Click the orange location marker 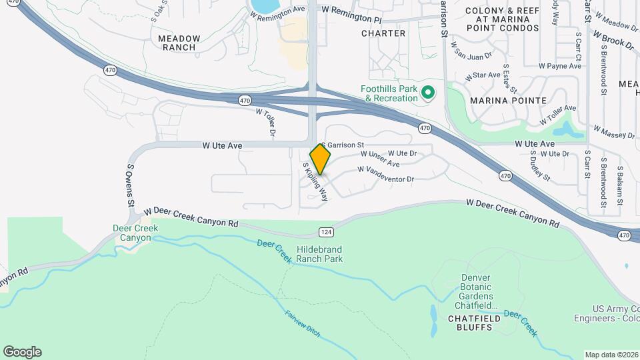(x=321, y=159)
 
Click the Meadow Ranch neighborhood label (x=177, y=43)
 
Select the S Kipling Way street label (x=315, y=181)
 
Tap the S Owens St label (x=131, y=186)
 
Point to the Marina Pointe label (x=508, y=101)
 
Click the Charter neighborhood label (x=383, y=33)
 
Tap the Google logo (x=22, y=352)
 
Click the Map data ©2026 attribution (x=611, y=355)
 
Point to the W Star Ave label (x=485, y=75)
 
